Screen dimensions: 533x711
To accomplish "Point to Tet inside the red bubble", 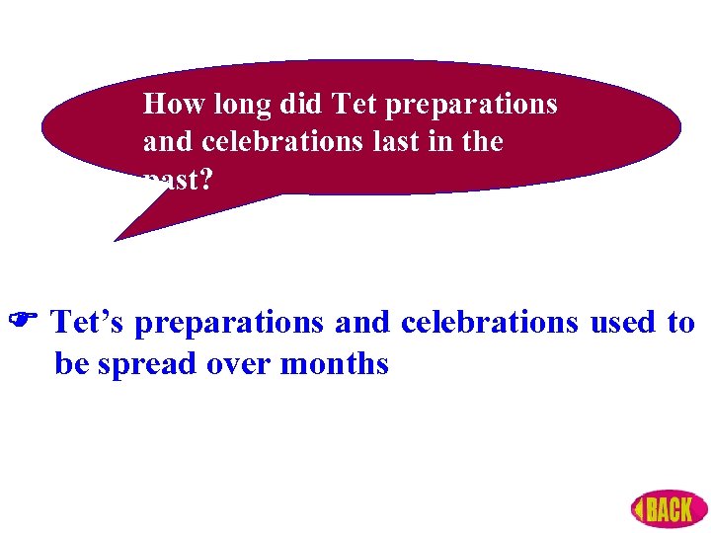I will coord(354,104).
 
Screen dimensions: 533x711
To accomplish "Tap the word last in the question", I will coord(388,142).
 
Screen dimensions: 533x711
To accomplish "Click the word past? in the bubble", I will coord(176,182).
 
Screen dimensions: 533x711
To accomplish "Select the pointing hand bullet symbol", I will coord(23,323).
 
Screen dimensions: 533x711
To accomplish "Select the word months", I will coord(335,364).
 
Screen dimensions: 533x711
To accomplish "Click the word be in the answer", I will coord(71,364).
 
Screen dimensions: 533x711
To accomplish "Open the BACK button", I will coord(669,509).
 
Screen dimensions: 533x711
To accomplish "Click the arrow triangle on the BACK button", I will coord(640,510).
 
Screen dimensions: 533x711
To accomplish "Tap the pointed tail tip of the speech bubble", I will coord(117,240).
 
